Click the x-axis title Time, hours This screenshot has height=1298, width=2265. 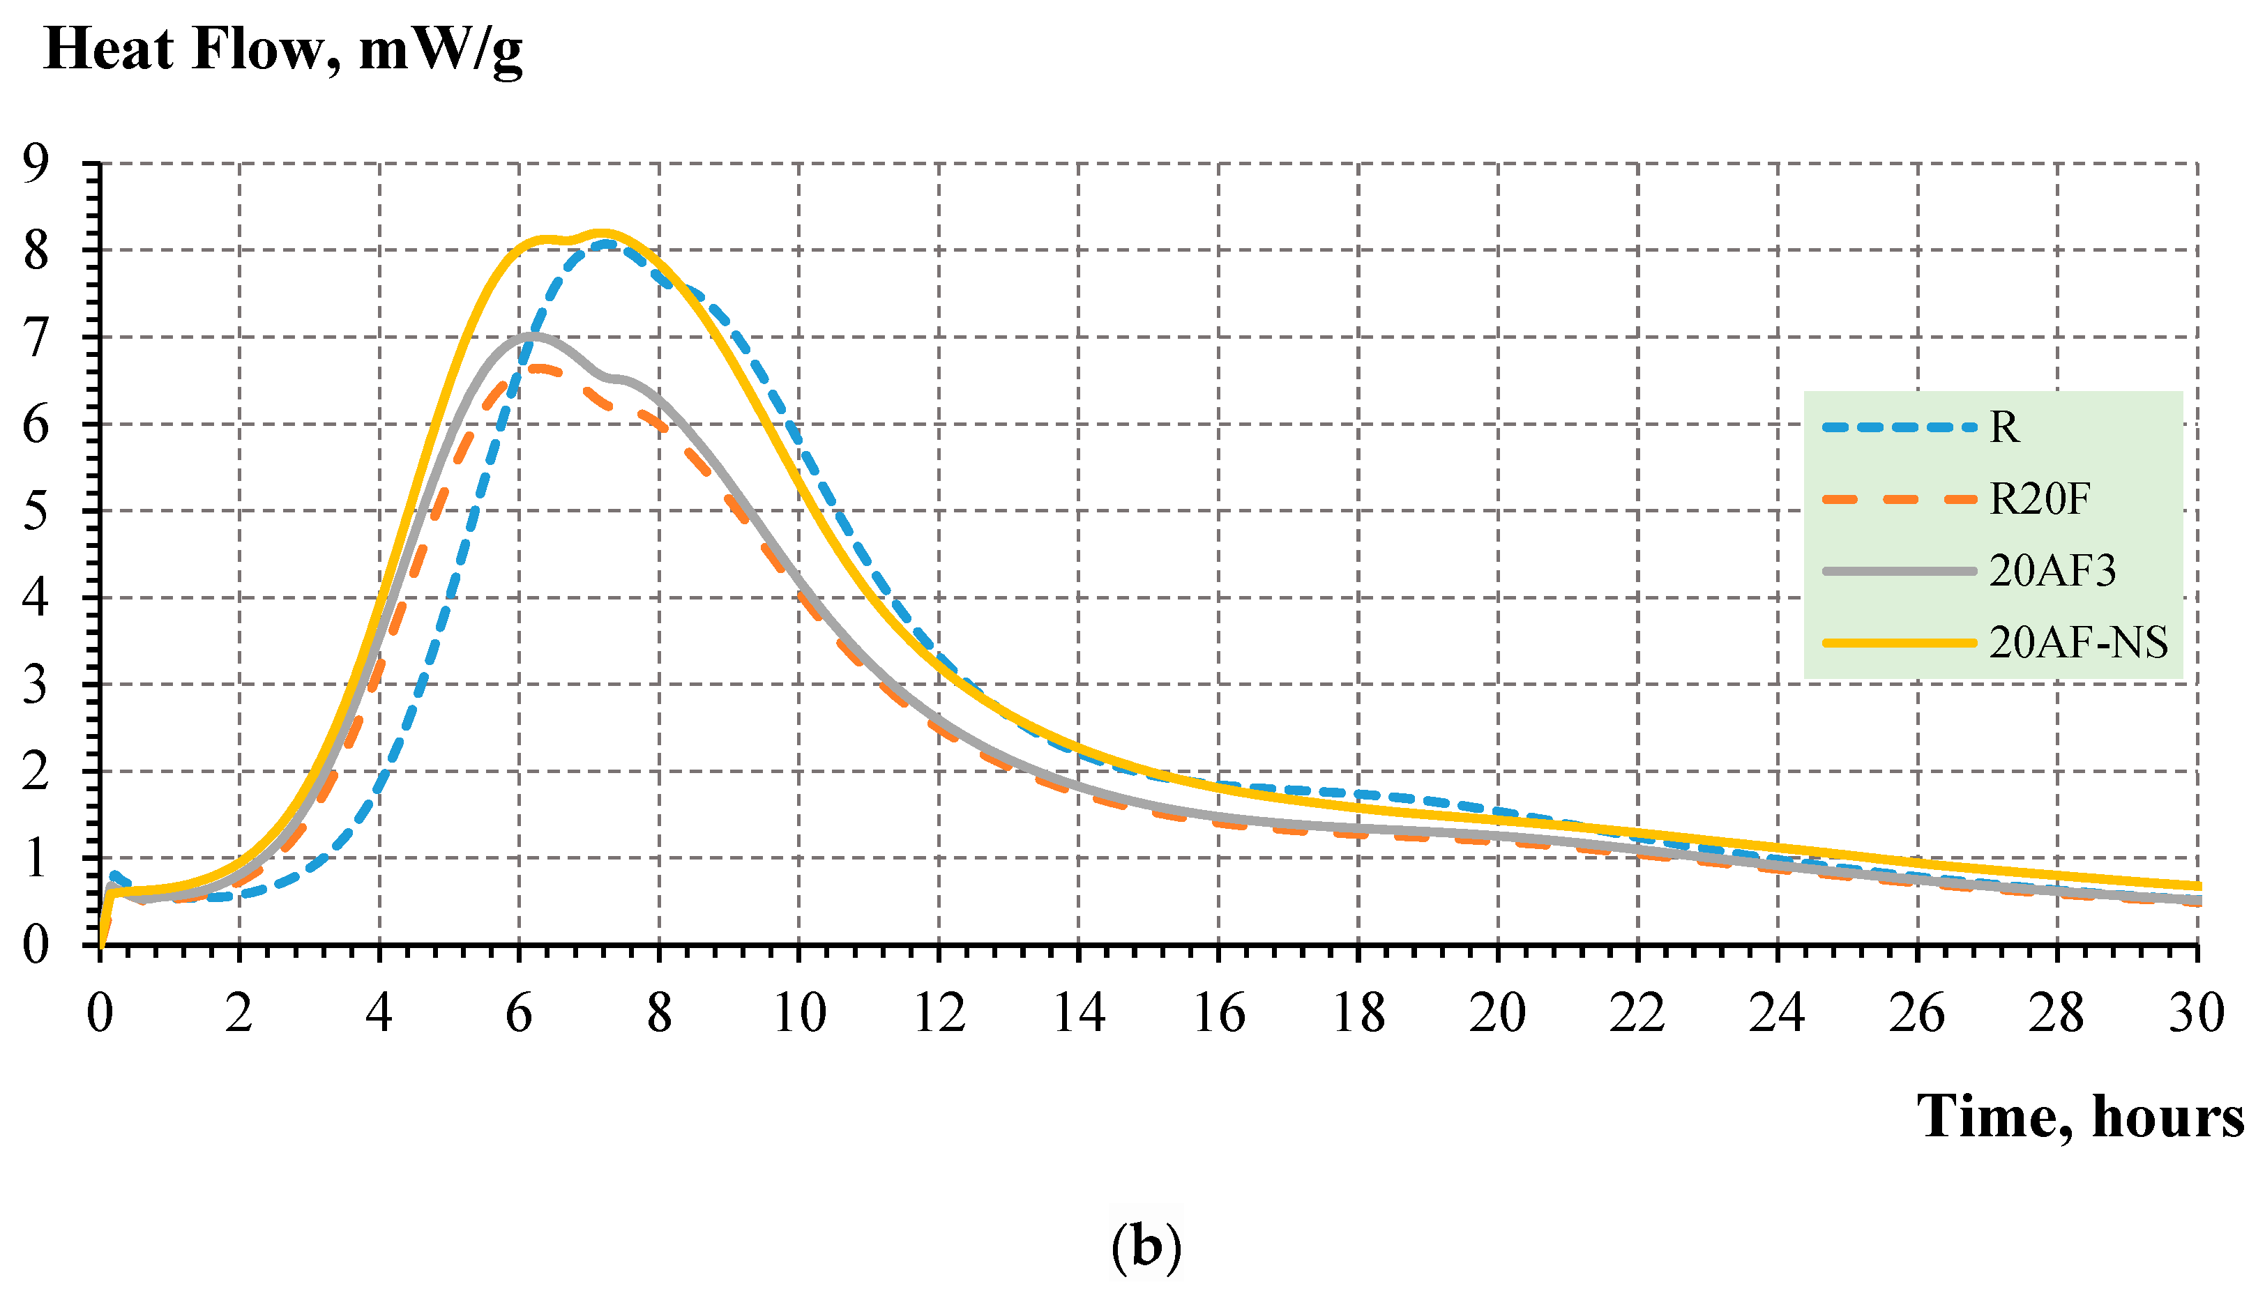coord(2080,1116)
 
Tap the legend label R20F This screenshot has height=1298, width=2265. coord(2039,499)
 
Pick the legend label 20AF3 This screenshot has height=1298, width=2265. coord(2052,570)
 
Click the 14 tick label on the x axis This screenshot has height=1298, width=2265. coord(1079,1014)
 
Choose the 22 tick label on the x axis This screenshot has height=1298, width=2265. coord(1637,1014)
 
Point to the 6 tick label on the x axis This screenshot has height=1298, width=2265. coord(519,1014)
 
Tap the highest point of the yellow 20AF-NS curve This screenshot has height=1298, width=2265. coord(604,234)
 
